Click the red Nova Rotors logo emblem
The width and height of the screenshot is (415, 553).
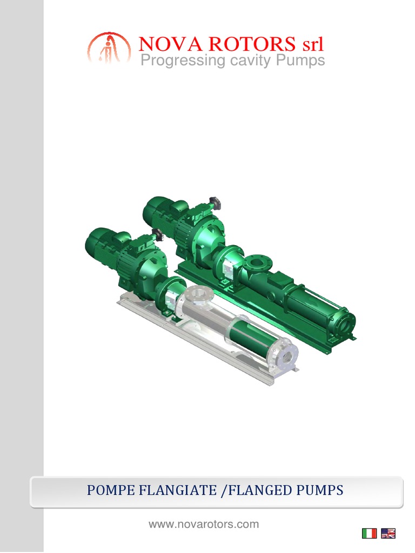109,48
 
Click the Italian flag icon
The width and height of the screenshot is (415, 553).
369,534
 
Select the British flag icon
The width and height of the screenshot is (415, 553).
388,534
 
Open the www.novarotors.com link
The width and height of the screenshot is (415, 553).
204,524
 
